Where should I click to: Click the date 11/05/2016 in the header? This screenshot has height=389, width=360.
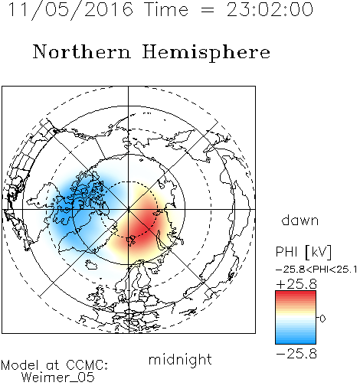[x=70, y=10]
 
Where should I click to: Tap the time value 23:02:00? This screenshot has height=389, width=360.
[x=270, y=10]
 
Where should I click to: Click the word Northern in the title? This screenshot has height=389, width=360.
[x=82, y=52]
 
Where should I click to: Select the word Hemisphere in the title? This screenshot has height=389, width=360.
[x=206, y=53]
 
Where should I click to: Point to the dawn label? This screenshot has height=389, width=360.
[x=300, y=220]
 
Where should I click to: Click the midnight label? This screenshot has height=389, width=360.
[x=180, y=359]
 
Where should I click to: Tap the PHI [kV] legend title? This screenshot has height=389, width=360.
[x=303, y=252]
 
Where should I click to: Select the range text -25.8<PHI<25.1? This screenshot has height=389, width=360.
[x=316, y=270]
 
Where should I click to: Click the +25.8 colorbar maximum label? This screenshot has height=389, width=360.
[x=296, y=284]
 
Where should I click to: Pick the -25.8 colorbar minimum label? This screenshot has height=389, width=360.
[x=296, y=354]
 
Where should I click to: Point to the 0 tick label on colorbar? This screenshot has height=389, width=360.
[x=322, y=319]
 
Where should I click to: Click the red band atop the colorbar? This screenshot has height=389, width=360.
[x=296, y=296]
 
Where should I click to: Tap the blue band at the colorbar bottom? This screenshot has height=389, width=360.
[x=296, y=339]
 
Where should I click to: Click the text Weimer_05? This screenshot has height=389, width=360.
[x=58, y=378]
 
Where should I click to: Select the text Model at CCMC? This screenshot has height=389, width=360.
[x=54, y=365]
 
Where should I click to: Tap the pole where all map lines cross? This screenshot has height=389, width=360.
[x=129, y=210]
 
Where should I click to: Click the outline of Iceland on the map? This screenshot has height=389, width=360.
[x=91, y=265]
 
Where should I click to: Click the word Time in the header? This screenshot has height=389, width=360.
[x=166, y=10]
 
